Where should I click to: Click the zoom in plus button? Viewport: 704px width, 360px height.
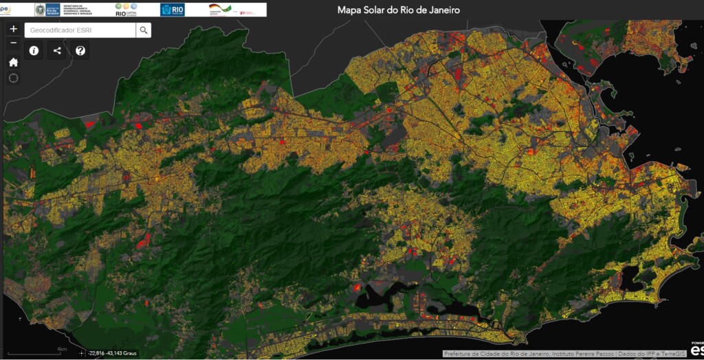click(14, 30)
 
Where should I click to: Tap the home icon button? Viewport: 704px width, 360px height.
click(14, 62)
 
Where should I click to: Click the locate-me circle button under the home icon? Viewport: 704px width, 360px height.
click(14, 78)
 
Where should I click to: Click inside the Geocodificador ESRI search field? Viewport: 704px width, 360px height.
click(80, 30)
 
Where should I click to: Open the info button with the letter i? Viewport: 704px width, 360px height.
click(34, 51)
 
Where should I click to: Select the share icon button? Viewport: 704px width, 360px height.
click(57, 51)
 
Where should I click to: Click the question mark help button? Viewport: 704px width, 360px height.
click(80, 51)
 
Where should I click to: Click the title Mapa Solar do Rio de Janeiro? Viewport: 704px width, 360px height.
click(398, 10)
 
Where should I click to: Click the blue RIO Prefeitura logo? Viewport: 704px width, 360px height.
click(172, 10)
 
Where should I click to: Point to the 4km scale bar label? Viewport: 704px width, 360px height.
click(61, 349)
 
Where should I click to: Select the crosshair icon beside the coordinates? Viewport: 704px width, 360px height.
click(82, 353)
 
